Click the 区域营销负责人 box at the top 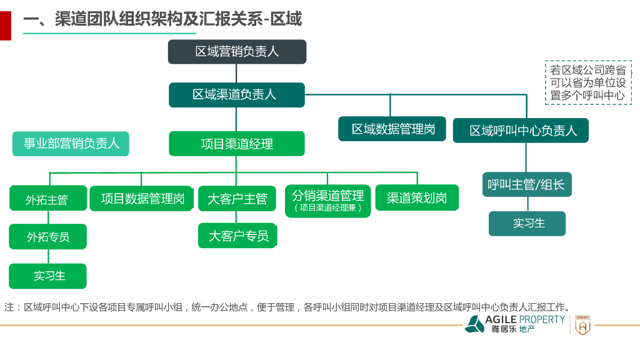[x=237, y=52]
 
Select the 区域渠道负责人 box [x=236, y=95]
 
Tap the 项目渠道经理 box [x=236, y=144]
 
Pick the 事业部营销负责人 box [x=71, y=144]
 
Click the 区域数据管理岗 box [x=392, y=129]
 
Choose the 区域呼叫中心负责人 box [x=521, y=131]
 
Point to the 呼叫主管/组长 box [x=527, y=185]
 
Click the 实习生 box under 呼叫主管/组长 [x=527, y=223]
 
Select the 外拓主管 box [x=47, y=199]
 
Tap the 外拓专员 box [x=47, y=237]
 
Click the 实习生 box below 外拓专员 [x=47, y=276]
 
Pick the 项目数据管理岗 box [x=142, y=199]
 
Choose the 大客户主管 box [x=237, y=199]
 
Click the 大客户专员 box [x=237, y=236]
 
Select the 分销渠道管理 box [x=327, y=200]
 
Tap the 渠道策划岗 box [x=416, y=198]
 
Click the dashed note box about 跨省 [x=587, y=82]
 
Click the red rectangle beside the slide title [x=5, y=26]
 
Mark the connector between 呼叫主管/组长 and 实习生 [x=527, y=204]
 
